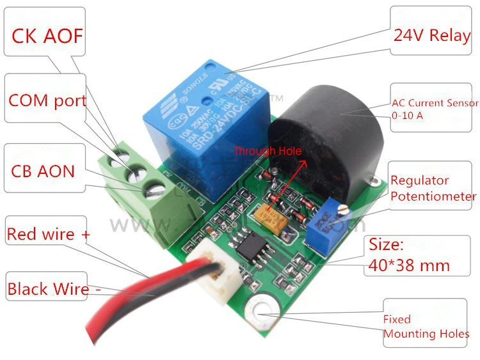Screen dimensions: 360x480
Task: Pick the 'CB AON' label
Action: click(43, 171)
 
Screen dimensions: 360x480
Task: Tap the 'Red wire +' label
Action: click(49, 234)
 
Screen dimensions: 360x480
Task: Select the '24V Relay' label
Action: click(431, 35)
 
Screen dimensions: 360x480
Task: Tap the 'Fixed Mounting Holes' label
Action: click(426, 326)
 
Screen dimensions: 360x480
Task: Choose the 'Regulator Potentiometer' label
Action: click(433, 189)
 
